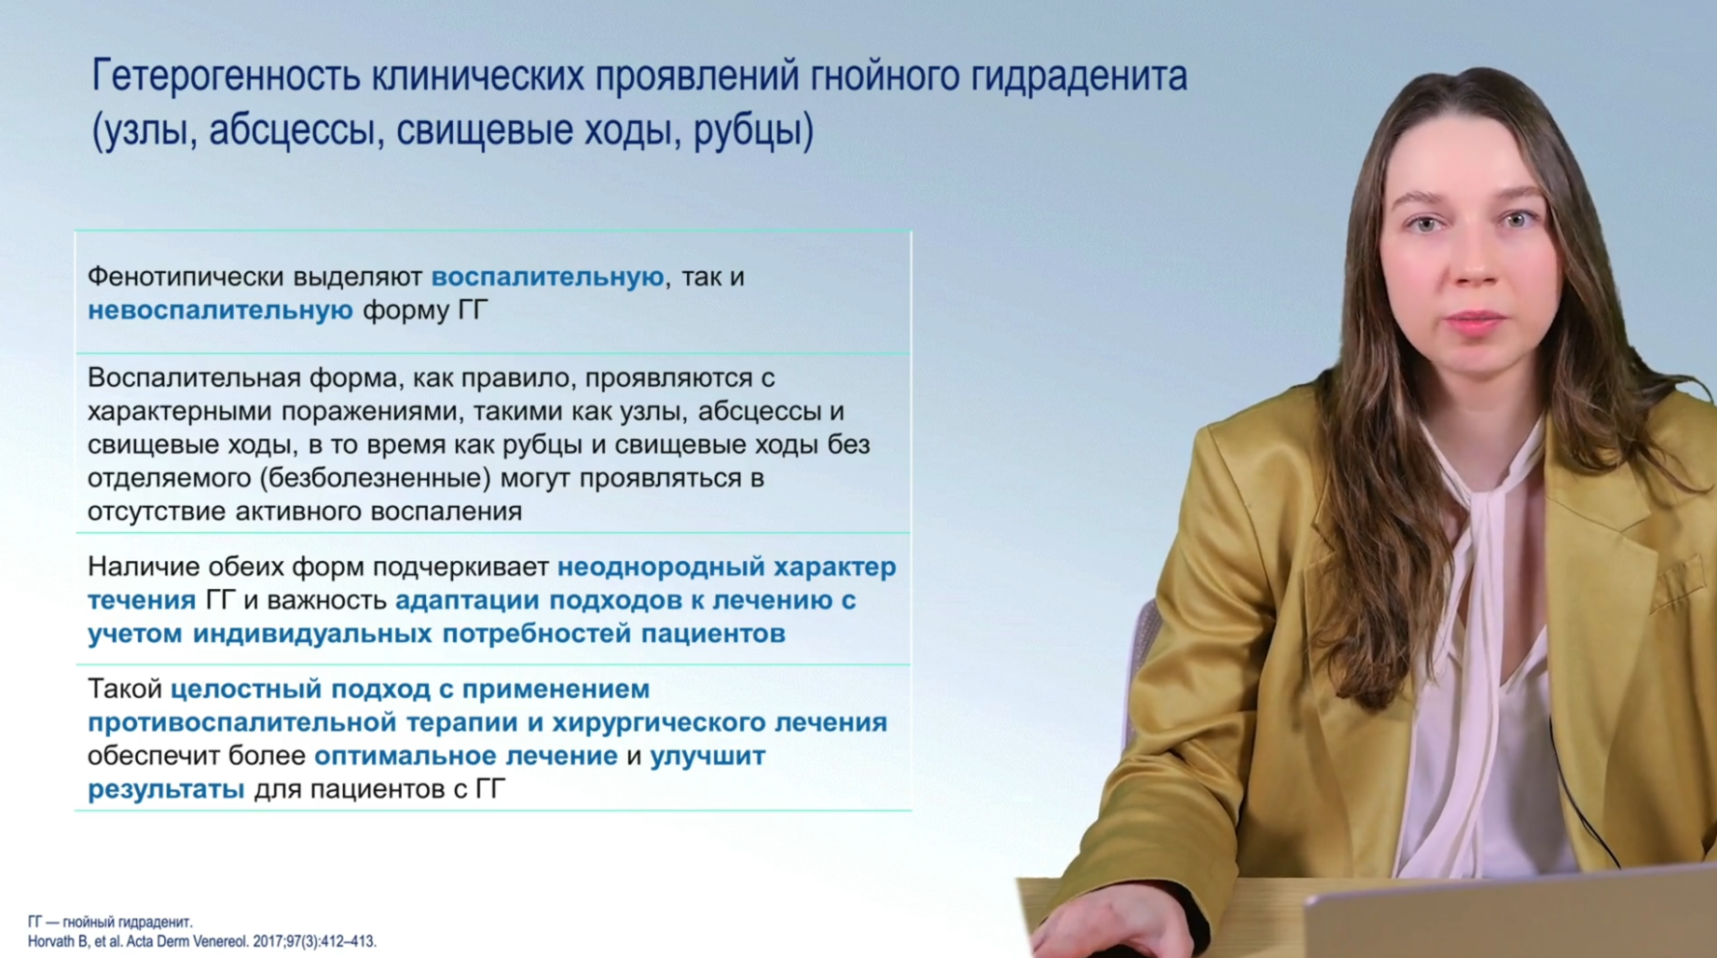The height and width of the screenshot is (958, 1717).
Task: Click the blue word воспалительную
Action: coord(547,278)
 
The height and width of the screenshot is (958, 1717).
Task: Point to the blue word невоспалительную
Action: coord(220,310)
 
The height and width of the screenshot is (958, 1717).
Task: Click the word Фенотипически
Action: coord(185,278)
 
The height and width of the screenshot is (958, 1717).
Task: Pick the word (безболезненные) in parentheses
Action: coord(375,478)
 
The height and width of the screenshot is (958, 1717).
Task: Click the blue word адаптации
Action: coord(467,601)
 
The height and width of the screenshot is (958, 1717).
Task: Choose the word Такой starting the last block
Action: coord(125,690)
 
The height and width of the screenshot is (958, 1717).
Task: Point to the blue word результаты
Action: coord(166,790)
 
